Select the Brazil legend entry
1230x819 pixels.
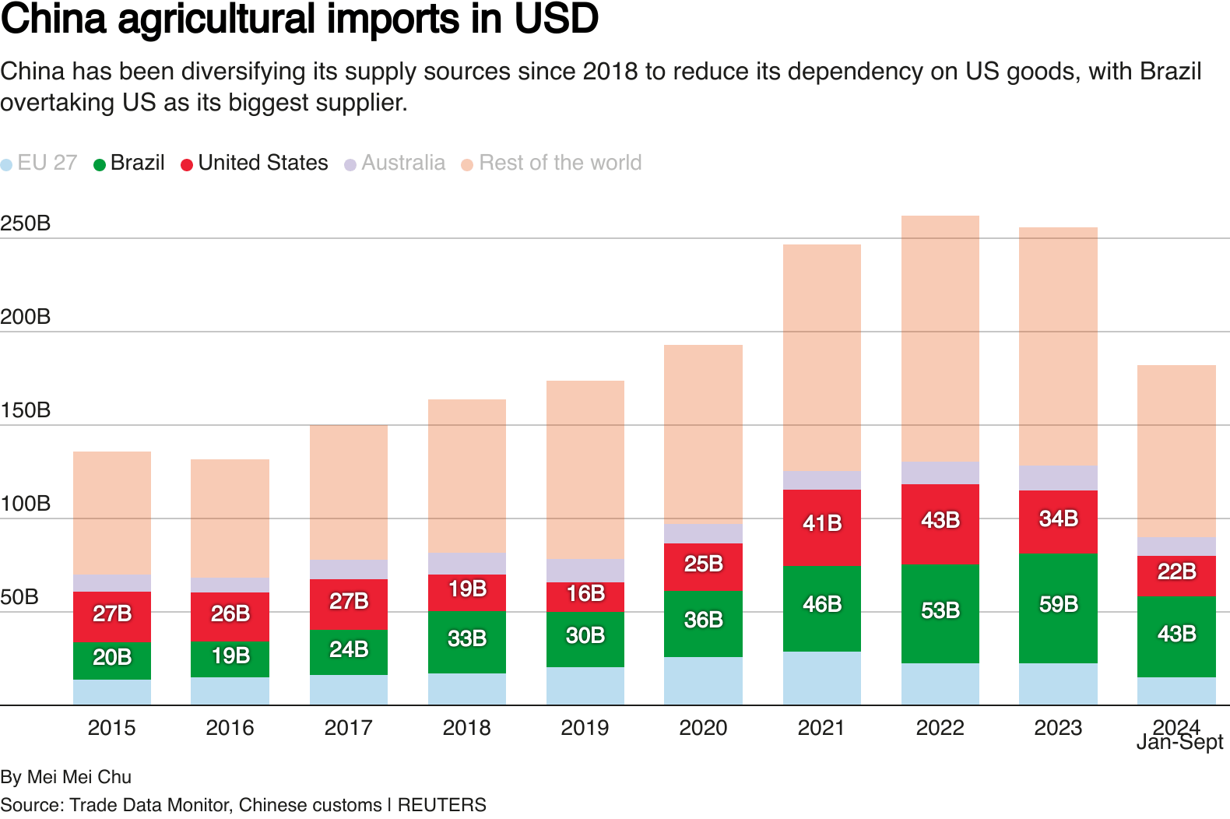tap(129, 163)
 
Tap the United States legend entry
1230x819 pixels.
tap(255, 163)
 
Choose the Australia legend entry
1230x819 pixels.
tap(395, 163)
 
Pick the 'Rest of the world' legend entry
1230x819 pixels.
tap(552, 163)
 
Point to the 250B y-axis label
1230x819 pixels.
tap(26, 223)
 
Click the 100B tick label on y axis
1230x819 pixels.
tap(26, 504)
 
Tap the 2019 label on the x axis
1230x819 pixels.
tap(585, 728)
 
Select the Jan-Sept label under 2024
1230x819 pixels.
tap(1179, 743)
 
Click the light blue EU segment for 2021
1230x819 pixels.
tap(822, 677)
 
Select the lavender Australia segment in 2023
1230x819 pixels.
tap(1058, 477)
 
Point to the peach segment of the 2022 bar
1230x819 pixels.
tap(940, 339)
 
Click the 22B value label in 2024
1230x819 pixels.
tap(1176, 571)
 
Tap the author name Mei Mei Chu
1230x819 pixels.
tap(79, 777)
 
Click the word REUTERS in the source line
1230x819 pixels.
tap(441, 805)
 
